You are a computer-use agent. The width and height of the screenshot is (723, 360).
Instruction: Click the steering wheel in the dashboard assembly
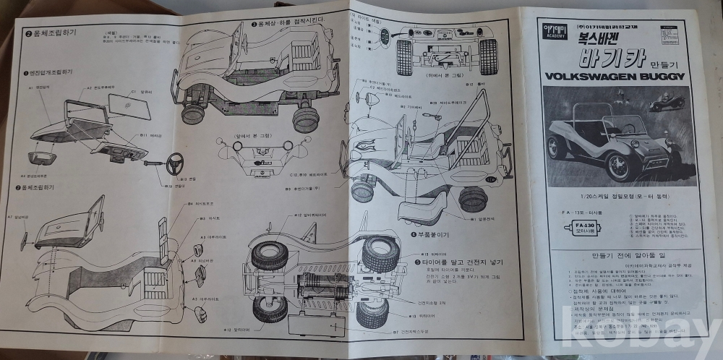[176, 163]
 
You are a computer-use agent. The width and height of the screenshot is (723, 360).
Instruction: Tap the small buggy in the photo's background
[666, 104]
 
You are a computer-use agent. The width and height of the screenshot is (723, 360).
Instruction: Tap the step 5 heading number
[418, 262]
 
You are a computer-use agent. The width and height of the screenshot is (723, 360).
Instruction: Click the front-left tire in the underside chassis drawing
[270, 257]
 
